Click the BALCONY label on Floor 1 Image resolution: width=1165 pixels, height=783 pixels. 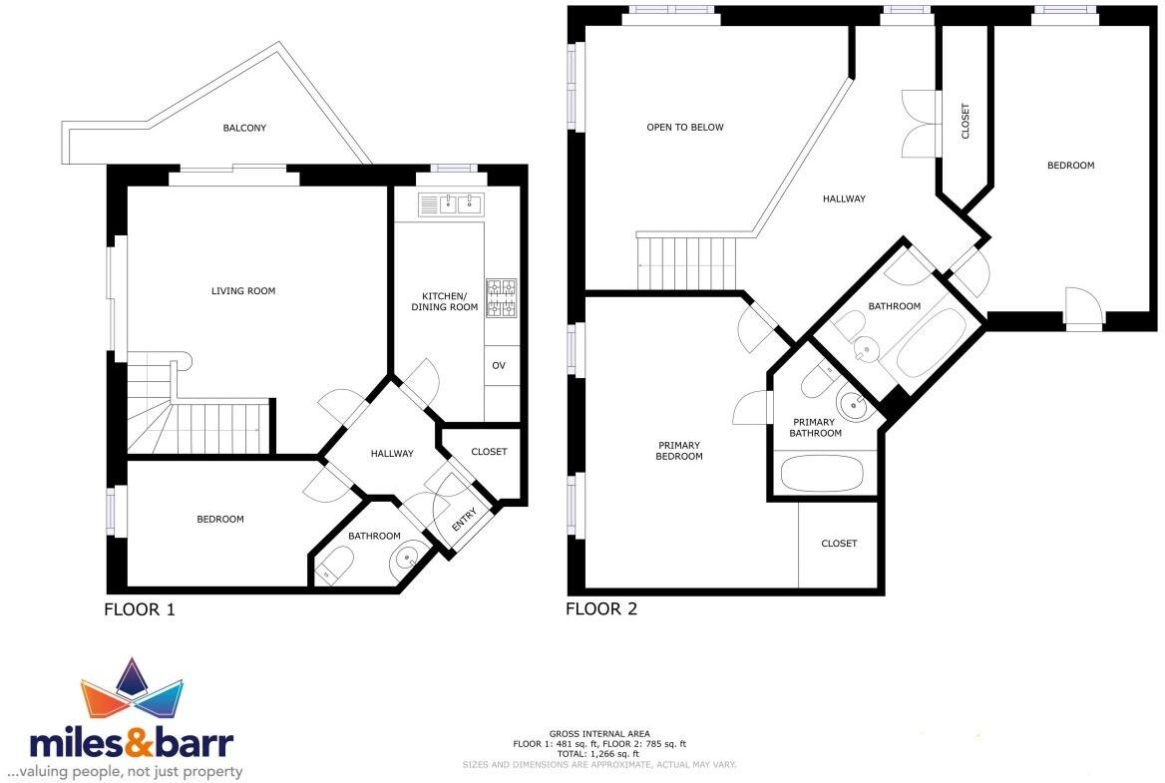244,129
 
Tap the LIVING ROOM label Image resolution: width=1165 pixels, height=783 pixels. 242,291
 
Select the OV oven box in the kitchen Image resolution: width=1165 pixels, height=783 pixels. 499,365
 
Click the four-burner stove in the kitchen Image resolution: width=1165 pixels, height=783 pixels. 501,297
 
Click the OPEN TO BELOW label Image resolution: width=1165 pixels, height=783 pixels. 684,128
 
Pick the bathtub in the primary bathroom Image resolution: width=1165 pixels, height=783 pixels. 822,473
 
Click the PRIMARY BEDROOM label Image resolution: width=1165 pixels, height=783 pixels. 679,451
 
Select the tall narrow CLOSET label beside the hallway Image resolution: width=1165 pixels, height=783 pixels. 965,122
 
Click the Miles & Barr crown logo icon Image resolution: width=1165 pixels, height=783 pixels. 132,689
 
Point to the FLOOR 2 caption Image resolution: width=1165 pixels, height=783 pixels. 600,608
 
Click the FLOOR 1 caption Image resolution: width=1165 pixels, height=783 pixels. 140,608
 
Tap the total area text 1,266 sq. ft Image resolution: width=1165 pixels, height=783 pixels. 598,754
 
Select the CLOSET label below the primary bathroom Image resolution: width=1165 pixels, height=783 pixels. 839,544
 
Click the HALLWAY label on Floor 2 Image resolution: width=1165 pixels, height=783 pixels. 844,198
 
